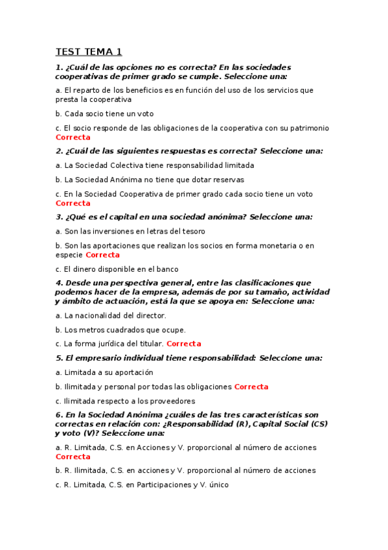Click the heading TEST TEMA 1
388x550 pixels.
tap(88, 52)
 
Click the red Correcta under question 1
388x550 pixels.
tap(73, 137)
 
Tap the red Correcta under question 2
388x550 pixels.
tap(73, 203)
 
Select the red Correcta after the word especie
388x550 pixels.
tap(102, 255)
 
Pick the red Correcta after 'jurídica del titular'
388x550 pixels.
tap(183, 344)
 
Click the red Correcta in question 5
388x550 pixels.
tap(251, 387)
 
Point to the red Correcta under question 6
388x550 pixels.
tap(73, 457)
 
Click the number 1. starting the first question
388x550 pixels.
tap(59, 67)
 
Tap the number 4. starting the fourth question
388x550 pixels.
tap(59, 283)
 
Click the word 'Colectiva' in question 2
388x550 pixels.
tap(126, 165)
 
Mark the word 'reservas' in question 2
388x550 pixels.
tap(229, 180)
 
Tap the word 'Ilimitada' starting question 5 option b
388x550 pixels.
tap(78, 387)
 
